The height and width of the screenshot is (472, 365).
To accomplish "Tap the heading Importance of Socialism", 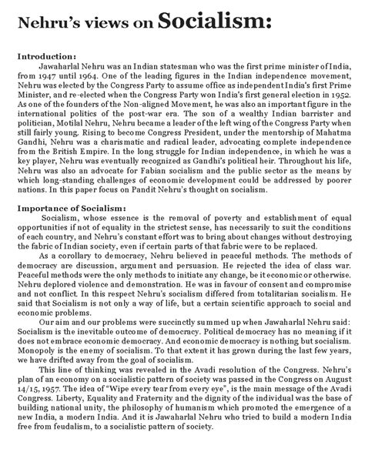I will [x=71, y=209].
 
